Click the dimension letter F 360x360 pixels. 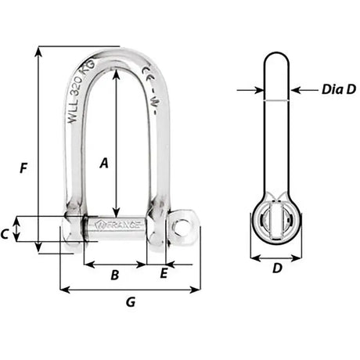[24, 167]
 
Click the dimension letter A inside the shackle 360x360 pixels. [103, 163]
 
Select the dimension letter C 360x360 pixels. [5, 233]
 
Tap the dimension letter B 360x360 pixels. [113, 275]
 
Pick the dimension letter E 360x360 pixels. [164, 273]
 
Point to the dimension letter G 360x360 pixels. [131, 301]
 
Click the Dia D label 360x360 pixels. [338, 89]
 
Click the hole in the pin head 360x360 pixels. [182, 228]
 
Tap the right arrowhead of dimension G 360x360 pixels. [197, 290]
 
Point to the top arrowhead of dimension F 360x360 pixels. [38, 50]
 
